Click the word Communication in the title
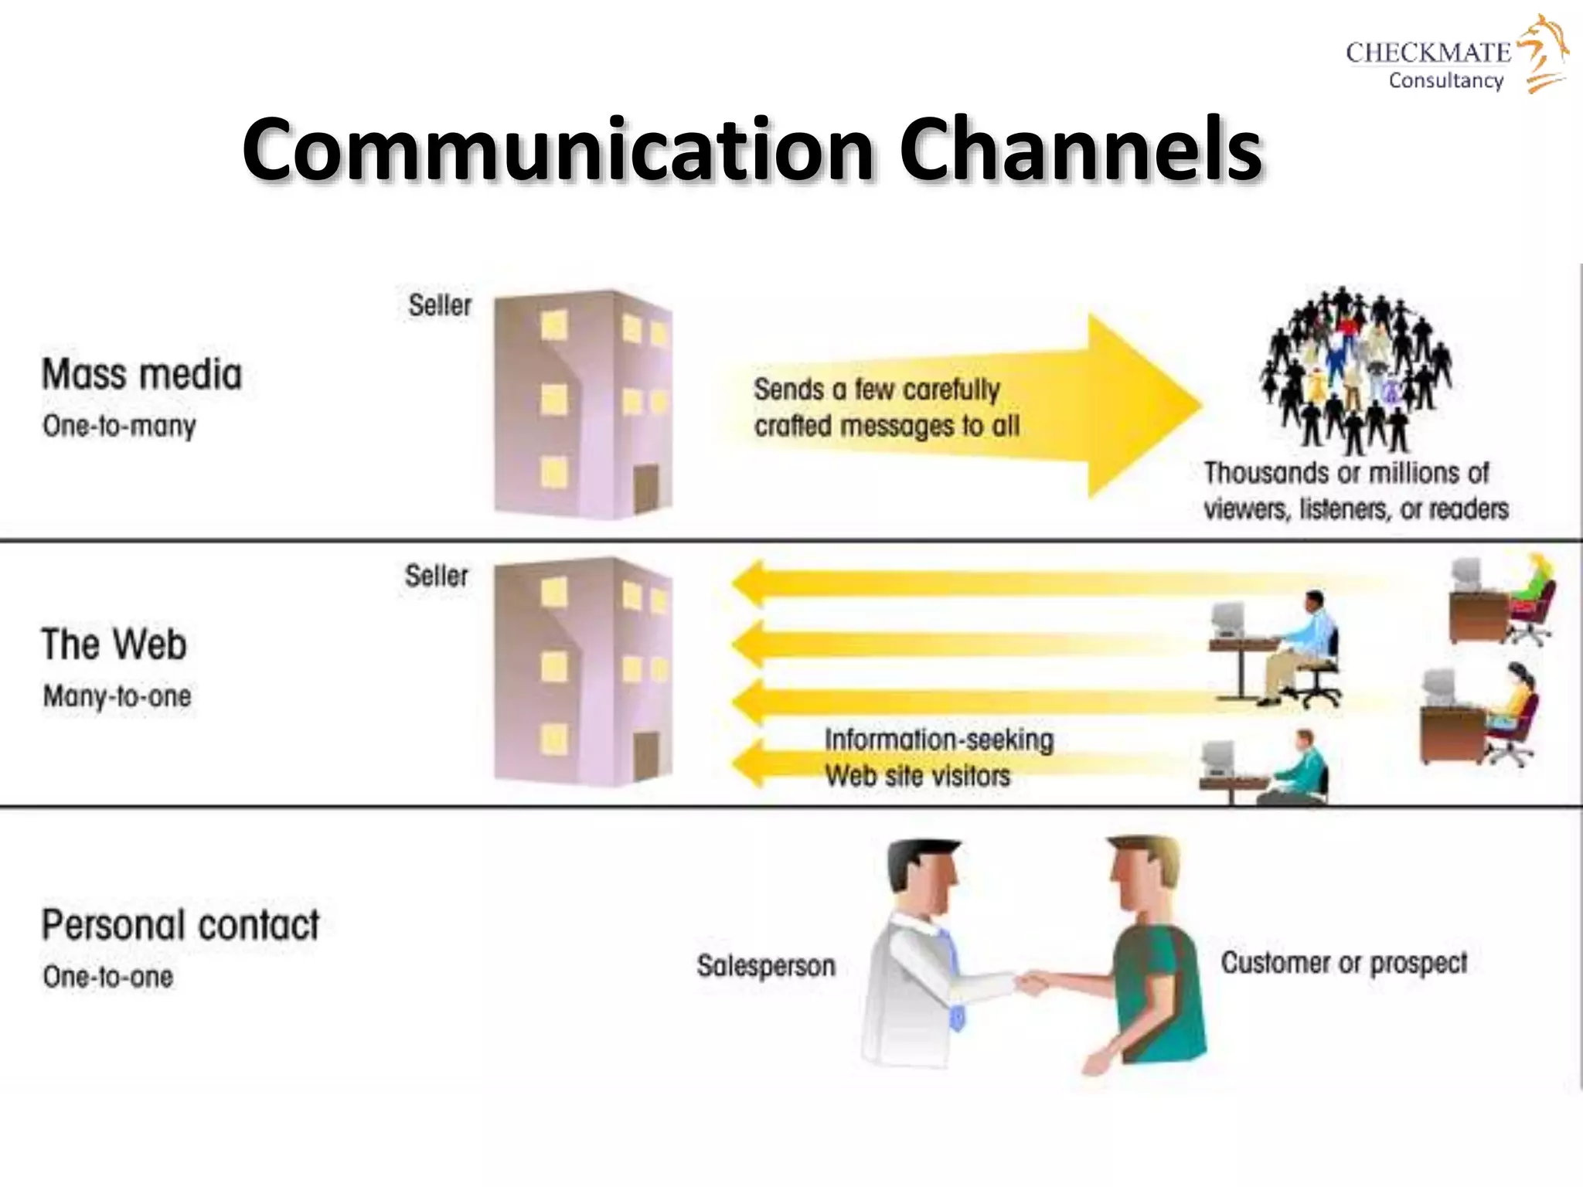click(x=557, y=148)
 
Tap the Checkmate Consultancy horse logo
click(x=1543, y=54)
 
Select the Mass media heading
click(x=141, y=375)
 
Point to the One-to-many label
click(x=120, y=426)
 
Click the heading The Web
click(x=114, y=645)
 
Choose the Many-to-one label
click(x=117, y=696)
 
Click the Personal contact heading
click(x=180, y=925)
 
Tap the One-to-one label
click(x=108, y=977)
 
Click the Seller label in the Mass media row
click(x=440, y=305)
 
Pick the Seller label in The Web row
click(x=437, y=576)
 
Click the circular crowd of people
click(x=1357, y=369)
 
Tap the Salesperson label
click(x=766, y=966)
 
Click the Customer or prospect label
click(x=1343, y=963)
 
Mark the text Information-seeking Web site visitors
click(x=938, y=757)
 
